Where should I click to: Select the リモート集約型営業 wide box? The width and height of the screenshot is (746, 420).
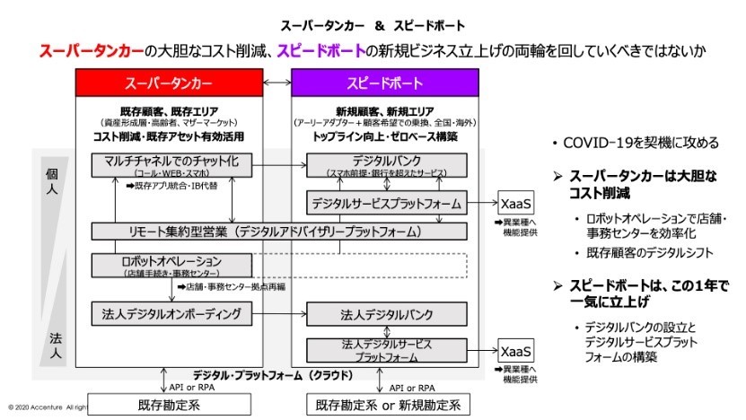pos(279,232)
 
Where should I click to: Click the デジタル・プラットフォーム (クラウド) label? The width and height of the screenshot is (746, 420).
pos(269,374)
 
